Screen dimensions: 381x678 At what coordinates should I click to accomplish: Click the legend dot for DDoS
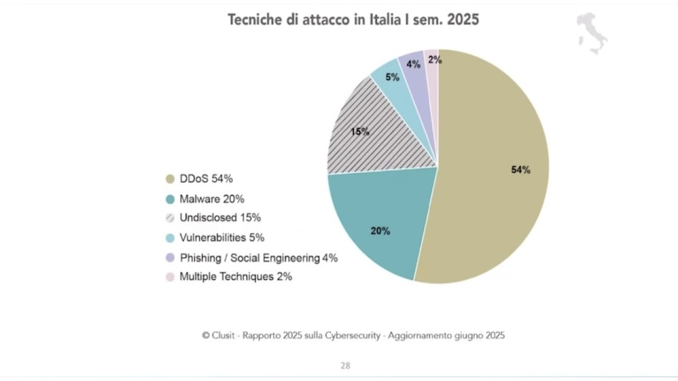[x=170, y=179]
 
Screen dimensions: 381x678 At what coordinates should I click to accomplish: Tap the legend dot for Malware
[x=170, y=199]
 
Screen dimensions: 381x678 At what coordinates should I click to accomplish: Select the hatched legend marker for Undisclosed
[x=170, y=218]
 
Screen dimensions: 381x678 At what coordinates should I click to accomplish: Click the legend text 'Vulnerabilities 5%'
[x=222, y=238]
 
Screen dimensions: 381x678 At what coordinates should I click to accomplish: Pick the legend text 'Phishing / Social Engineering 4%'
[x=258, y=258]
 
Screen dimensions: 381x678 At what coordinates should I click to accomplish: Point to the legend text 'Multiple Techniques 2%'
[x=236, y=276]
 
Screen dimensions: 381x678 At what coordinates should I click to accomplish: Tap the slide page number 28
[x=345, y=366]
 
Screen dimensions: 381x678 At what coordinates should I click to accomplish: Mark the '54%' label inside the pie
[x=521, y=170]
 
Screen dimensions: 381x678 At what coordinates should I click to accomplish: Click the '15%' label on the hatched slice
[x=360, y=132]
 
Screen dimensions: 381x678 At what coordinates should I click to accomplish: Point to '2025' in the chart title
[x=463, y=20]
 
